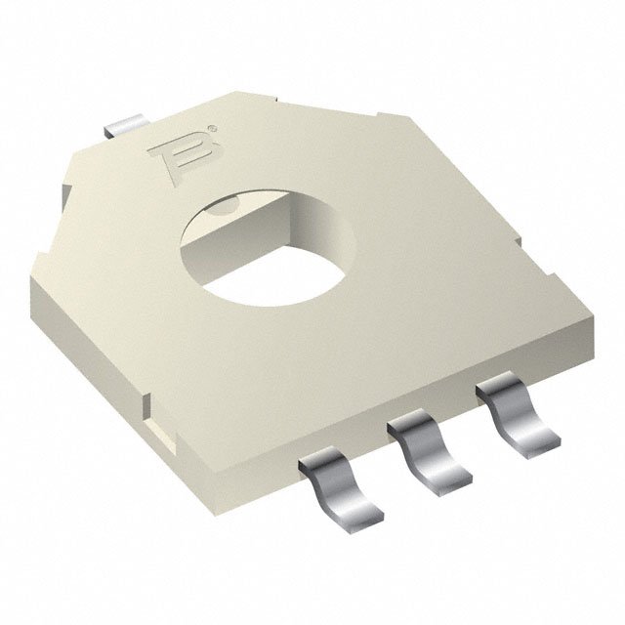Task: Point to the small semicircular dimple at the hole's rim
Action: coord(224,202)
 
